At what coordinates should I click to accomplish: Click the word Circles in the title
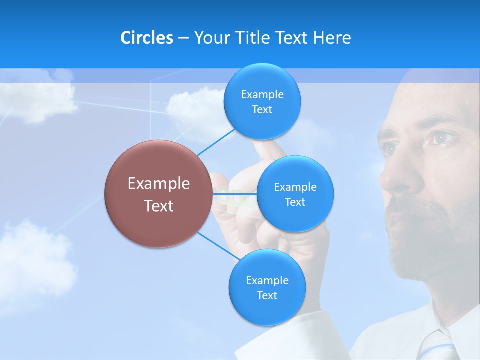[146, 38]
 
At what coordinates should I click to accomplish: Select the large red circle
[158, 194]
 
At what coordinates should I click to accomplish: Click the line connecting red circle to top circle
[215, 142]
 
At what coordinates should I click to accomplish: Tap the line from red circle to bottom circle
[217, 246]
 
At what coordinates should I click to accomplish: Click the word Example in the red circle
[158, 184]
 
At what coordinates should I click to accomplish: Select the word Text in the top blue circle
[262, 110]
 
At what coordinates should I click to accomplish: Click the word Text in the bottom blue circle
[267, 296]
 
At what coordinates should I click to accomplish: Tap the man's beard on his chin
[415, 255]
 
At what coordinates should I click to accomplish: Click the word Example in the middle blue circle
[295, 187]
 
